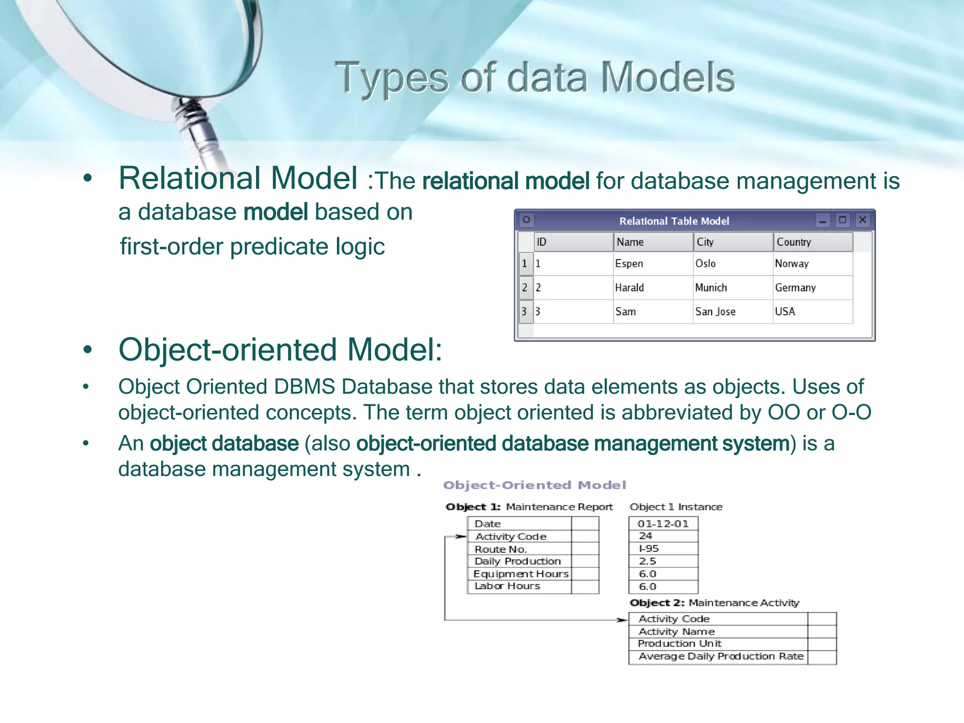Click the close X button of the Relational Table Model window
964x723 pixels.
(862, 220)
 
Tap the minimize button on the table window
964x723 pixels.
(823, 220)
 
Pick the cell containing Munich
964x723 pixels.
(711, 288)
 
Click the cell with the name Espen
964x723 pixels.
(629, 264)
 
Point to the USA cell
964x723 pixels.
(785, 312)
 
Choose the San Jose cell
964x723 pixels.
(715, 312)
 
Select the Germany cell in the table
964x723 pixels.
(795, 288)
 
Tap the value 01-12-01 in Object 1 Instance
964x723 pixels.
(663, 523)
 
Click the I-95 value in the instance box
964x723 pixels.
(649, 548)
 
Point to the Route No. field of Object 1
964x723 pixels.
(500, 549)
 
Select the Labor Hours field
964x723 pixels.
(507, 586)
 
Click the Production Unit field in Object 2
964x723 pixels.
(679, 643)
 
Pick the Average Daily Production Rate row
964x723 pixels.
(720, 656)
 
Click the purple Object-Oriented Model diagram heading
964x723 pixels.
(534, 485)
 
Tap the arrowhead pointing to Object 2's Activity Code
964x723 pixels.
(623, 620)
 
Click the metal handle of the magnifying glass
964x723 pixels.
(200, 127)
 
